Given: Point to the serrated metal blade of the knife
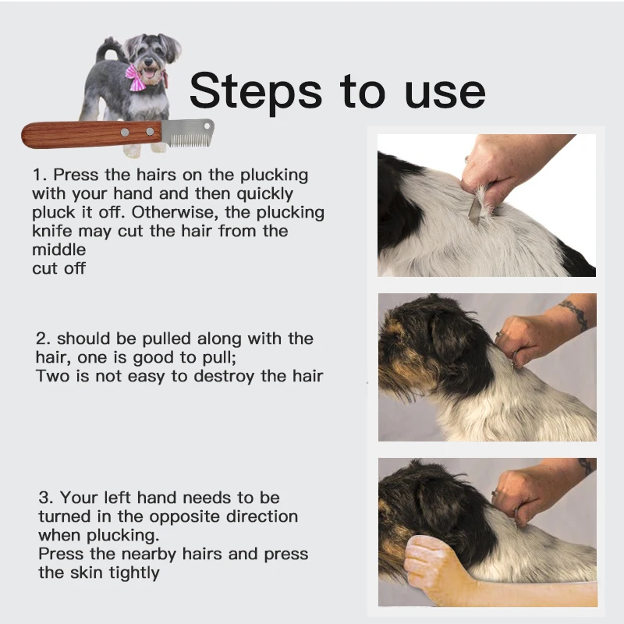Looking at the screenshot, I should click(x=187, y=133).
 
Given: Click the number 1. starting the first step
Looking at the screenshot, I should click(x=39, y=175).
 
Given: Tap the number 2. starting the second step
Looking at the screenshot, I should click(x=44, y=339).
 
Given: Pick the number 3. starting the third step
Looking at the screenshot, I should click(x=46, y=498).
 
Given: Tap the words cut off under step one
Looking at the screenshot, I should click(x=58, y=268).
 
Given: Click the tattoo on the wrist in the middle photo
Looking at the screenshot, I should click(x=575, y=314).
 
